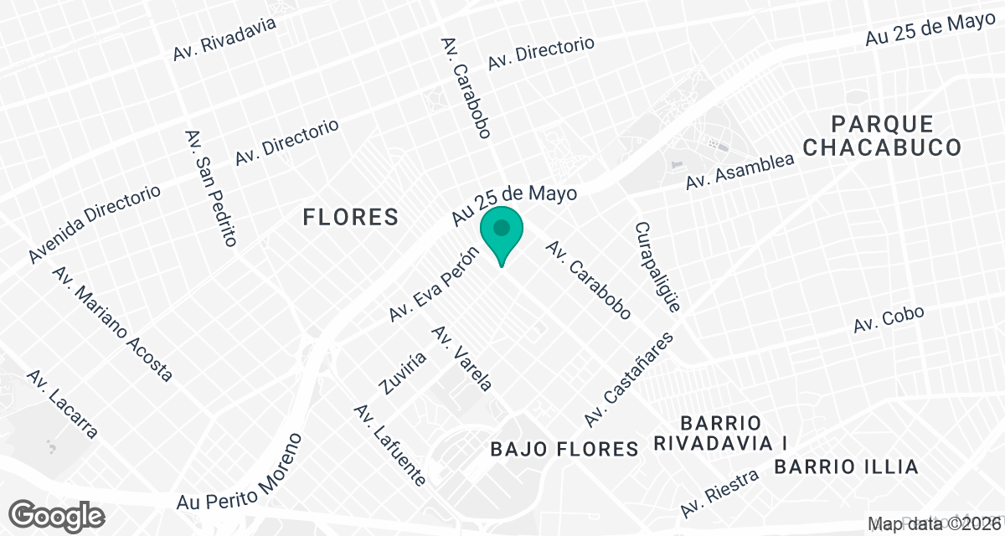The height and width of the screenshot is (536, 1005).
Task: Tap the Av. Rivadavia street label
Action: pos(224,39)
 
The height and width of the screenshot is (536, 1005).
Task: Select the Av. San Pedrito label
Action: pos(209,188)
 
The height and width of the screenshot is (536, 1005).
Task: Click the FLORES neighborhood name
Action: pos(350,218)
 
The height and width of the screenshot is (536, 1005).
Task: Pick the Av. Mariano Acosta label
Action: pos(112,324)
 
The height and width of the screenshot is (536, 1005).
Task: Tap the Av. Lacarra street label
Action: pos(63,405)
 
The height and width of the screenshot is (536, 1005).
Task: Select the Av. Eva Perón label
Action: pos(433,285)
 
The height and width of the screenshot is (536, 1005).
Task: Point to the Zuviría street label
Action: pos(403,373)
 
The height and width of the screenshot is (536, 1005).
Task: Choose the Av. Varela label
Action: pos(461,358)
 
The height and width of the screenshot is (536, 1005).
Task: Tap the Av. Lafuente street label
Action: pos(390,445)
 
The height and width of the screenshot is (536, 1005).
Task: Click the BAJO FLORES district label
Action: pos(564,450)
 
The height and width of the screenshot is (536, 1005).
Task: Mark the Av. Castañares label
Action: pos(629,379)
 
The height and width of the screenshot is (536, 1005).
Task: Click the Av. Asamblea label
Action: pos(739,173)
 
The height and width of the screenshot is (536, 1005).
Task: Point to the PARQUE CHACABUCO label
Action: pos(882,137)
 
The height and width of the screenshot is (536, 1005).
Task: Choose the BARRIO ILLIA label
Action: pos(846,466)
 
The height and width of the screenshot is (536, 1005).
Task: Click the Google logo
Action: pos(58,514)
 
